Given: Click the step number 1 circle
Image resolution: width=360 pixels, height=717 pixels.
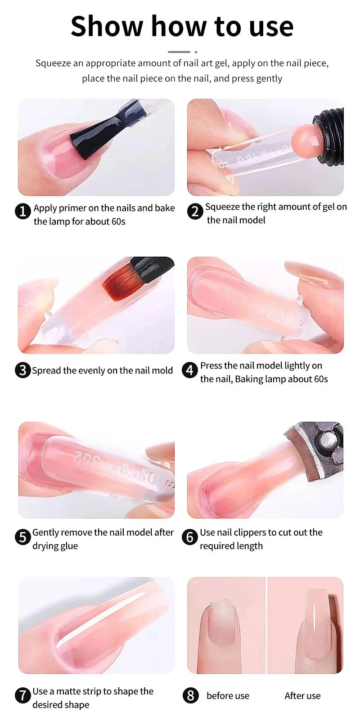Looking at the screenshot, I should [x=23, y=211].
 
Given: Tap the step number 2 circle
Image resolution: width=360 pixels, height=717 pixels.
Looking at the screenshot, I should [x=195, y=211].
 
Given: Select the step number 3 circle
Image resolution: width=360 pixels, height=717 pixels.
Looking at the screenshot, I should [x=22, y=370].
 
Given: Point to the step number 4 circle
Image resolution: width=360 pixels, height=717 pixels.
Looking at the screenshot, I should [x=190, y=370].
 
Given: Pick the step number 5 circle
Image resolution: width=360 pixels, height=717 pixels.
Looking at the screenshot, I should [x=22, y=537].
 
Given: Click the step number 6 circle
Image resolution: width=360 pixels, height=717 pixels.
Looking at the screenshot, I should [x=190, y=537].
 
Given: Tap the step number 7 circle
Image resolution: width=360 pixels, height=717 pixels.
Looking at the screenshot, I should [x=22, y=695].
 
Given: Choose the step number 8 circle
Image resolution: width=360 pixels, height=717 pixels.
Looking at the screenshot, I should [x=190, y=695].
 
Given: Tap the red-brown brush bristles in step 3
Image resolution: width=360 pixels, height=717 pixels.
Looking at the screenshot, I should [x=118, y=281].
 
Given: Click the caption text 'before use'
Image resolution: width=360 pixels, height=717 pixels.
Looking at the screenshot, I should [x=228, y=696].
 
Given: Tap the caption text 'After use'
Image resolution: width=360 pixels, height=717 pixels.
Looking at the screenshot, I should [x=302, y=696].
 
